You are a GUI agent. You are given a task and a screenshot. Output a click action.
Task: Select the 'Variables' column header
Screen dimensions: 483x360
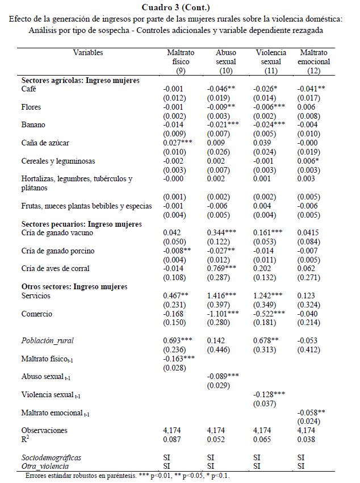click(88, 53)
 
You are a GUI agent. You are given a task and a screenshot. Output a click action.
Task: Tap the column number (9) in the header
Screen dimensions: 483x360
click(181, 70)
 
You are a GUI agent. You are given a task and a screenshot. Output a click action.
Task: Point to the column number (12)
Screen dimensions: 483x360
click(314, 70)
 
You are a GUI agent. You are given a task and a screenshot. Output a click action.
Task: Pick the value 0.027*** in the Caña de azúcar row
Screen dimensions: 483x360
click(178, 143)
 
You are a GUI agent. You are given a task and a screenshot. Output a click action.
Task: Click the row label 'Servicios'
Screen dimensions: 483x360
click(36, 295)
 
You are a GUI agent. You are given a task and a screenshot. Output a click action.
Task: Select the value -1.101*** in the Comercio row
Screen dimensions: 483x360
click(222, 313)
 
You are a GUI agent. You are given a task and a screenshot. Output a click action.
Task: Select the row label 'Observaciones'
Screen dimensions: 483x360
click(44, 430)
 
